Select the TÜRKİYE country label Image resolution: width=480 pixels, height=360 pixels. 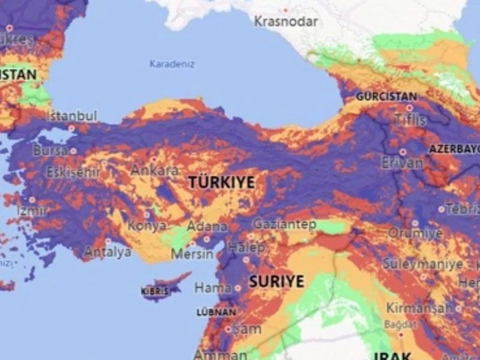tap(221, 183)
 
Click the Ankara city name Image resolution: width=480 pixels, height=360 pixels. tap(155, 170)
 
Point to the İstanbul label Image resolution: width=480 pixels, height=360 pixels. tap(71, 116)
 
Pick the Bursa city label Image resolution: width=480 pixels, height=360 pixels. tap(50, 151)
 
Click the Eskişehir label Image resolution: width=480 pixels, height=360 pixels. tap(73, 172)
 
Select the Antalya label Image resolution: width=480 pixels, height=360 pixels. tap(107, 252)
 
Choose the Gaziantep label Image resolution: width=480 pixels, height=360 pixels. tap(284, 224)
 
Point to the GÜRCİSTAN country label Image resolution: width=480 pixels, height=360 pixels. tap(386, 96)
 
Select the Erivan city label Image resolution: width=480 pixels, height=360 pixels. tap(402, 163)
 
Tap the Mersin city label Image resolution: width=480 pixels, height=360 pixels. tap(192, 254)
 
